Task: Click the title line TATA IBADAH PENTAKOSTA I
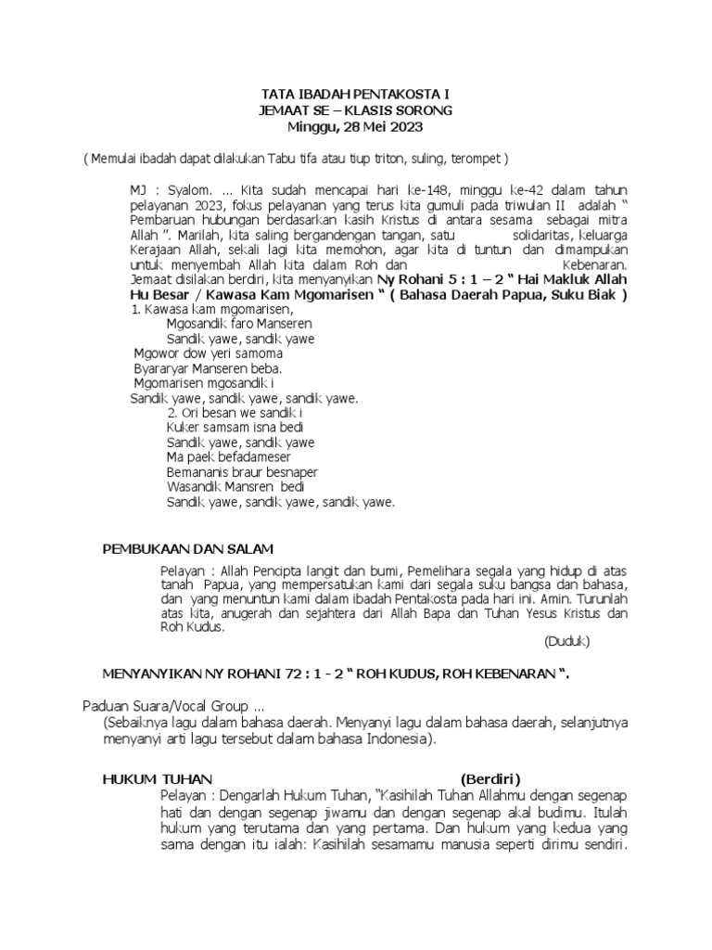coord(355,96)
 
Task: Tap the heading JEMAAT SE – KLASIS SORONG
coord(355,110)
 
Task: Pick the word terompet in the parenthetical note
coord(477,159)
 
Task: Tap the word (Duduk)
coord(566,641)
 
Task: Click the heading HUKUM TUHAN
coord(158,778)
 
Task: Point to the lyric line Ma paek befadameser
coord(228,457)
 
